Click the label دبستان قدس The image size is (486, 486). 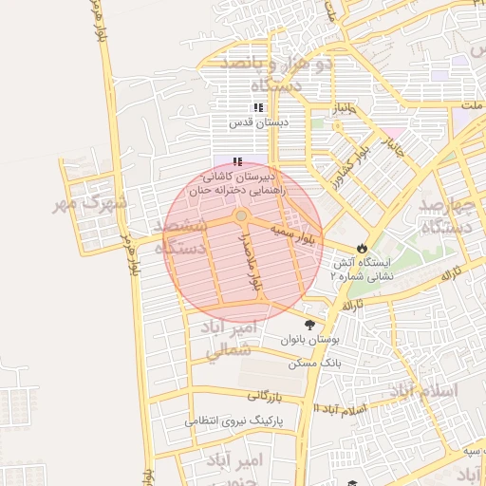[x=257, y=122]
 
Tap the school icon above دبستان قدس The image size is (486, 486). [x=258, y=108]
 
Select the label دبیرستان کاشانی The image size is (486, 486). [x=239, y=177]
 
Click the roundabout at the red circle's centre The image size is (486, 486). [x=242, y=217]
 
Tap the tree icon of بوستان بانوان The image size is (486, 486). [x=308, y=325]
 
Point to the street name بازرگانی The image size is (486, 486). [x=266, y=396]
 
